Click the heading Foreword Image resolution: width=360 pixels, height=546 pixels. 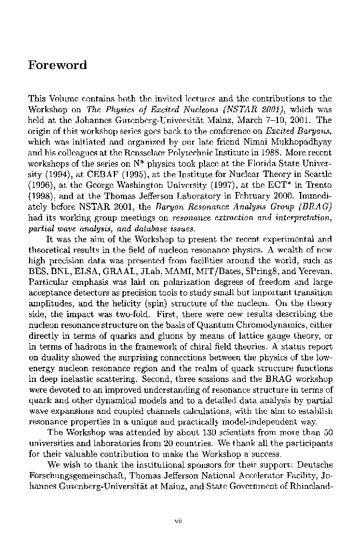pos(57,66)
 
